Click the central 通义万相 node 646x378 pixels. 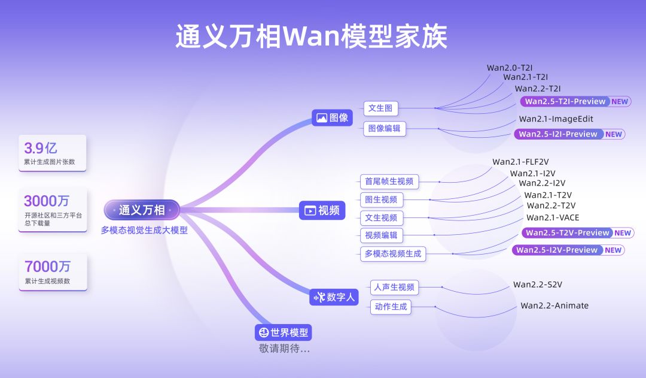pos(141,210)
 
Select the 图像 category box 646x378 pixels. pos(332,117)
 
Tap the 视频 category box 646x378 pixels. pos(322,210)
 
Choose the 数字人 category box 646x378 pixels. pos(334,297)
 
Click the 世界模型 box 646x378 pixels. pos(284,332)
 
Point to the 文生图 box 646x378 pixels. pos(380,108)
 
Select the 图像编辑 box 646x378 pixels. pos(384,128)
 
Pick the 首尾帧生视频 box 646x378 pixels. pos(389,181)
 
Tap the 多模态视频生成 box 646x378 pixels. pos(393,253)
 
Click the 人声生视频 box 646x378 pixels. pos(394,287)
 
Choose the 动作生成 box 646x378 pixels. pos(391,307)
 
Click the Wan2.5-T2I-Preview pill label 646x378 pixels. pos(565,101)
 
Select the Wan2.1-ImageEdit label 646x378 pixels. pos(556,119)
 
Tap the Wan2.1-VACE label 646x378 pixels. pos(553,217)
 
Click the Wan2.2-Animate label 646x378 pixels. pos(554,306)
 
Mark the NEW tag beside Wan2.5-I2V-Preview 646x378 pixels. pos(613,250)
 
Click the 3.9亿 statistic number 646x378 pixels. pos(41,147)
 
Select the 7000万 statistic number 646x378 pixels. pos(47,266)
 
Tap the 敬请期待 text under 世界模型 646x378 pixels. pos(284,348)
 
